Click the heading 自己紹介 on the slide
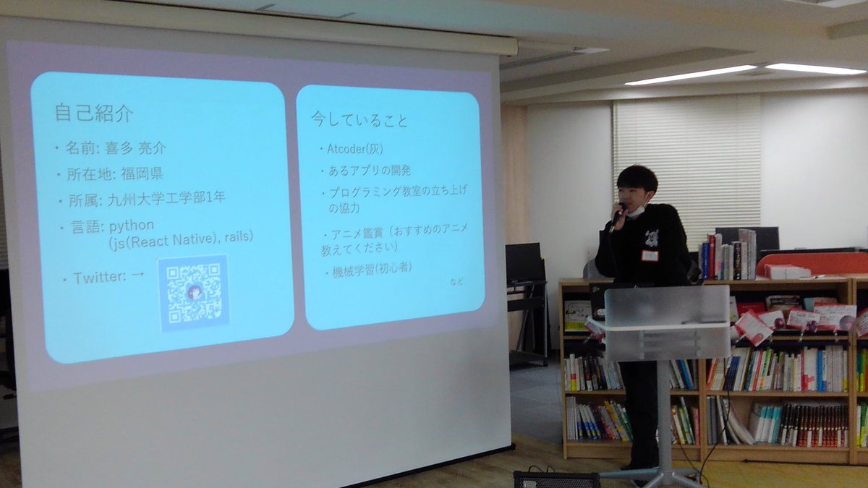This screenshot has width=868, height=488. [93, 114]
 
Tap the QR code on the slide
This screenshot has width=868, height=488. [193, 292]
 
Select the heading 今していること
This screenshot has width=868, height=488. [359, 119]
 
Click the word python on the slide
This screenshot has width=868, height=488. [131, 225]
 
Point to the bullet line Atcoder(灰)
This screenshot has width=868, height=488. [354, 149]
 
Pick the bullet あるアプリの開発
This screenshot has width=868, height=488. [365, 171]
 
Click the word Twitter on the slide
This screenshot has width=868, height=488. [99, 278]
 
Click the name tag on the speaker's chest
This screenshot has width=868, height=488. [650, 254]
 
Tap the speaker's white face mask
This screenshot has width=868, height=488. [636, 210]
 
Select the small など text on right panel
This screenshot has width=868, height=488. [456, 281]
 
